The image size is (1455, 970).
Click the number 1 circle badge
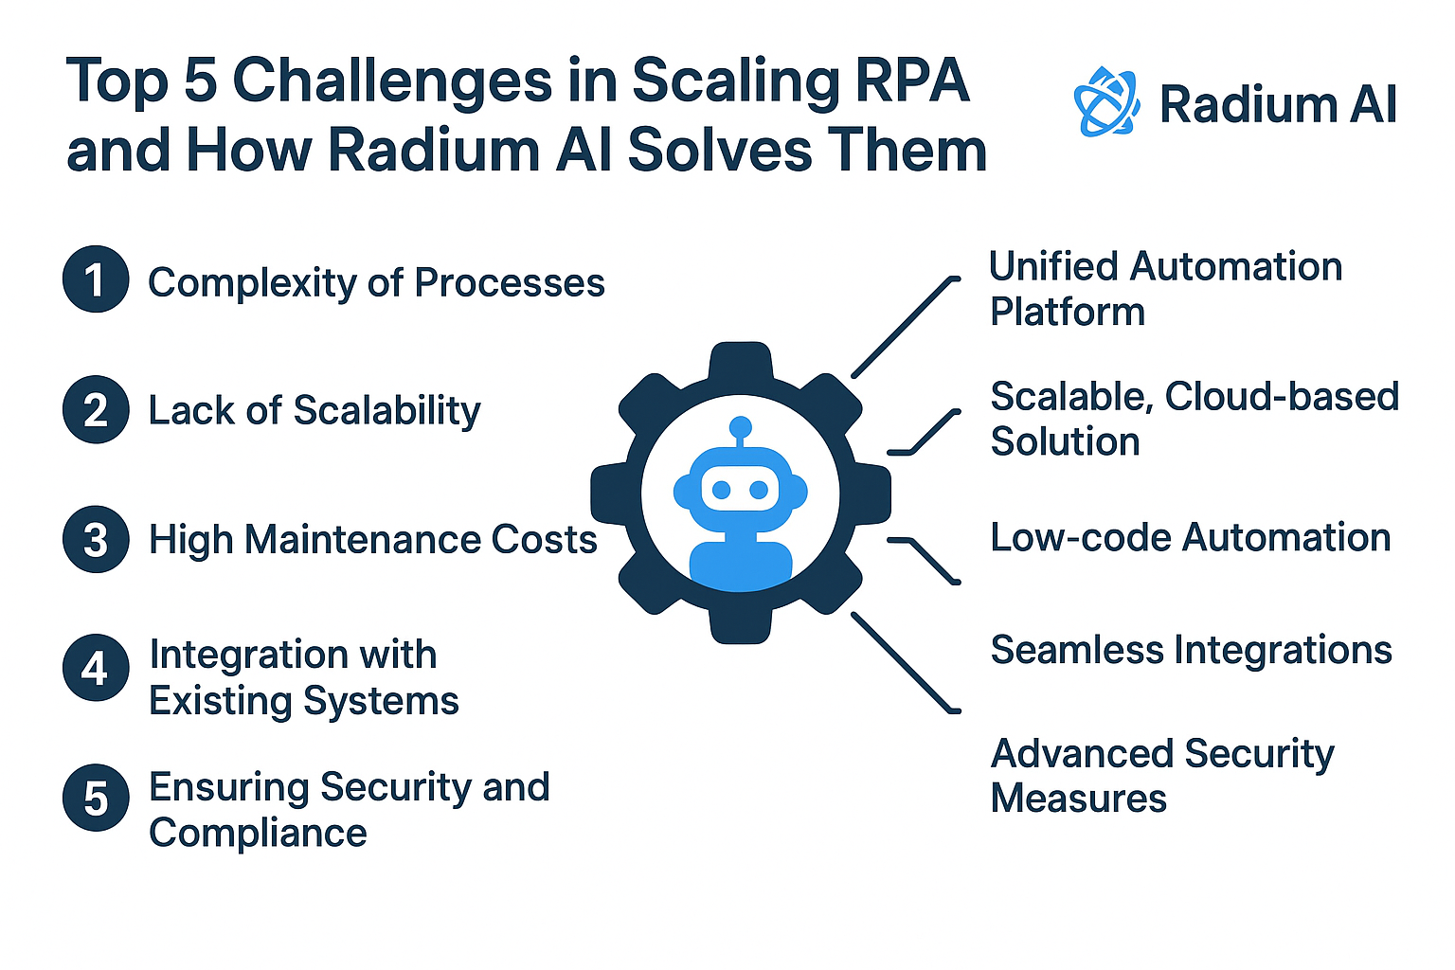[x=96, y=279]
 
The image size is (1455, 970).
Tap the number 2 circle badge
[x=96, y=410]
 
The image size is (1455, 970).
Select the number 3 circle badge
[x=96, y=540]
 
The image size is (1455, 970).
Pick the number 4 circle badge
[x=96, y=669]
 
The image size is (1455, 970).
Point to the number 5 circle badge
[x=96, y=799]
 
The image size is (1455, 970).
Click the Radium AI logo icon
[x=1106, y=101]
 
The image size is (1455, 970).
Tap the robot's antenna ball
[x=741, y=427]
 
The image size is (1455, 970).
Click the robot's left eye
[x=722, y=490]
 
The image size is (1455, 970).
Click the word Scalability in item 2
[x=386, y=411]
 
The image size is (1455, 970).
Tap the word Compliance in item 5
[x=258, y=834]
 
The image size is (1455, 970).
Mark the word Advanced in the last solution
[x=1082, y=754]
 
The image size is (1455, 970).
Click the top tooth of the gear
[x=741, y=364]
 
